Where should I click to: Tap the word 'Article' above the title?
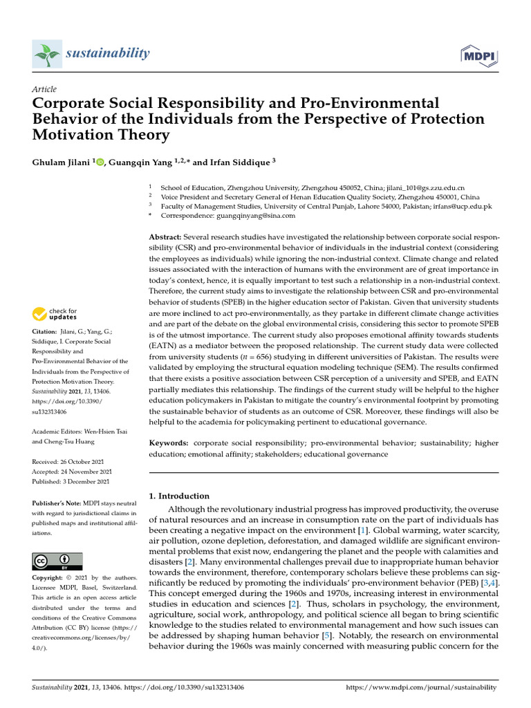(44, 89)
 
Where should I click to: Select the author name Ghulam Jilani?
(62, 162)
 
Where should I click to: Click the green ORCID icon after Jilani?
(100, 162)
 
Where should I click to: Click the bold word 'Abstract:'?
(165, 237)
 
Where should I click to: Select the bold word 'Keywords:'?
(169, 441)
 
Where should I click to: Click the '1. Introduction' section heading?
(179, 496)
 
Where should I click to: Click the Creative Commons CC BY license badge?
(57, 561)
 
